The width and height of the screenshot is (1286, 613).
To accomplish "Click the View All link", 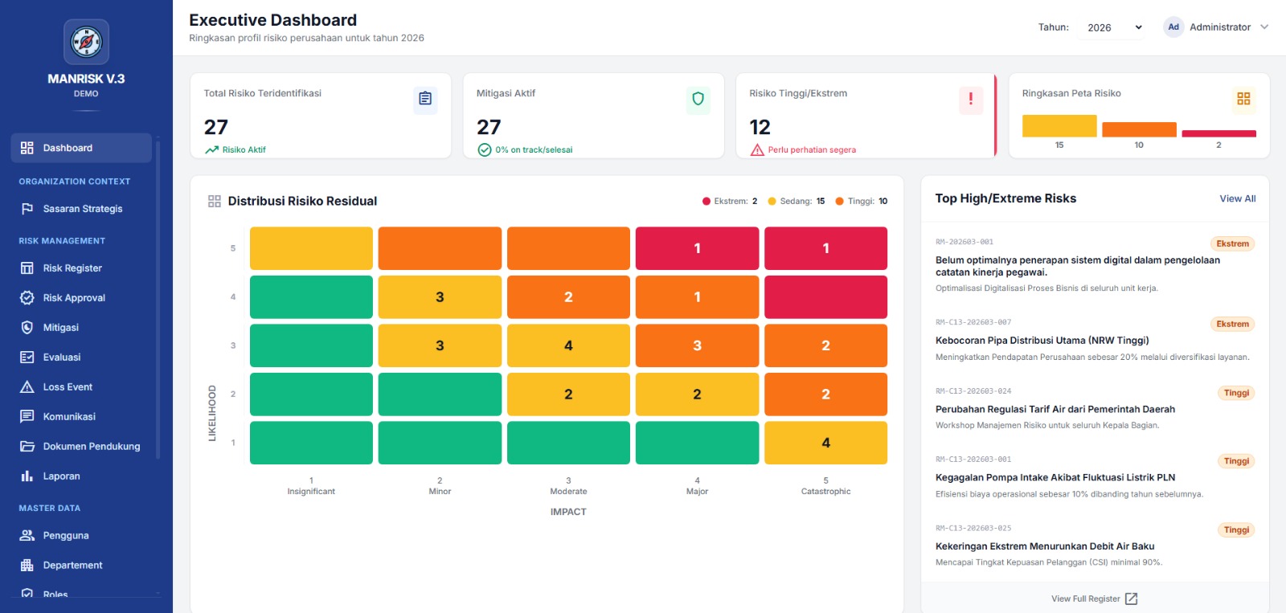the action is [x=1237, y=198].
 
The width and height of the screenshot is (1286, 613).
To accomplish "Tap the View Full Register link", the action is [x=1094, y=599].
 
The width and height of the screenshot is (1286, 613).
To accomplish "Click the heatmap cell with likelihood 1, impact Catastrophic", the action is [x=825, y=443].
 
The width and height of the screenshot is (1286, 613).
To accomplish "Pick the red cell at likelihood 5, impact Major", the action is [x=697, y=248].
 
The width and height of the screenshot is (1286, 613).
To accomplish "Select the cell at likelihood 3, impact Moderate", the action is [x=568, y=345].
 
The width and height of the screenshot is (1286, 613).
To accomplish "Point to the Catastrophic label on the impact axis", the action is [x=825, y=492].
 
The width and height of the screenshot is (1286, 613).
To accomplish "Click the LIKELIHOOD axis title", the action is [x=212, y=413].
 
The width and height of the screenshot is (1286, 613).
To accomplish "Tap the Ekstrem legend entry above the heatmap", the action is [x=730, y=201].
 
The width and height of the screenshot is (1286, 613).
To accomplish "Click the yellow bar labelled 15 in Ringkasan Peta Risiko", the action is [x=1059, y=125].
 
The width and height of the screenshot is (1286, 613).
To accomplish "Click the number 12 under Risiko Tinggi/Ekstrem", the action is [x=760, y=127].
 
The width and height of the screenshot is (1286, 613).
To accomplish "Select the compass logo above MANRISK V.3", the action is [x=86, y=42].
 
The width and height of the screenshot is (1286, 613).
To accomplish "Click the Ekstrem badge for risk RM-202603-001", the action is [x=1232, y=243].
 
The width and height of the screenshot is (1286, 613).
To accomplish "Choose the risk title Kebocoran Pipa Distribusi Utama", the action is [x=1042, y=341].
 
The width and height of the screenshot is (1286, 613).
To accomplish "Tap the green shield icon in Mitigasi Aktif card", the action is [x=698, y=99].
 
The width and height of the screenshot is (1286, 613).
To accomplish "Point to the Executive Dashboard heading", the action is [x=272, y=20].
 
